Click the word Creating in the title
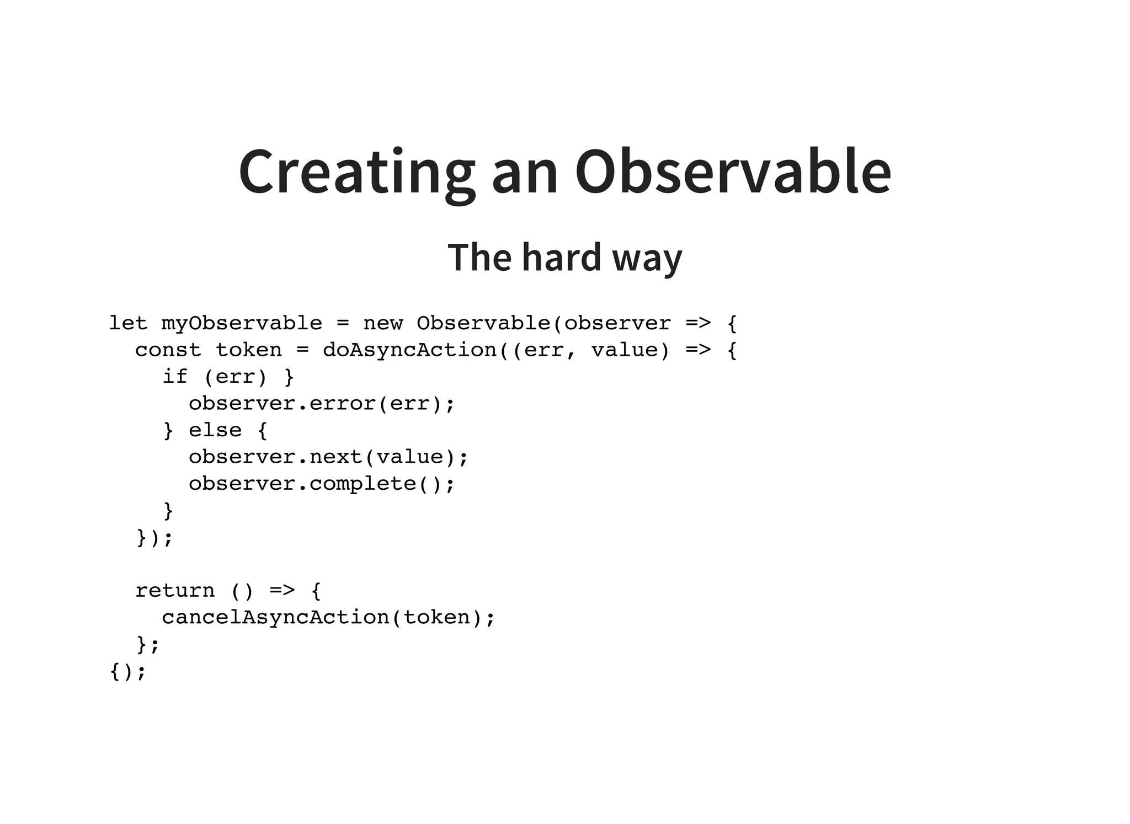[356, 172]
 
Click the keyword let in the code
[128, 323]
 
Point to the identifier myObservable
[242, 324]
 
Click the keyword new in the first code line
[383, 323]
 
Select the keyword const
[168, 350]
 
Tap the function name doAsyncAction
[410, 350]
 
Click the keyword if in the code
[174, 377]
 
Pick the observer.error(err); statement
[322, 404]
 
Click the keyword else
[215, 430]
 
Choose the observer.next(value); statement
[328, 457]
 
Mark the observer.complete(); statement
[322, 484]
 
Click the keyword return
[175, 591]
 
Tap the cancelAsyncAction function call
[276, 617]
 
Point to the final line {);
[128, 671]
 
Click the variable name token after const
[249, 350]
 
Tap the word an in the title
[525, 172]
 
